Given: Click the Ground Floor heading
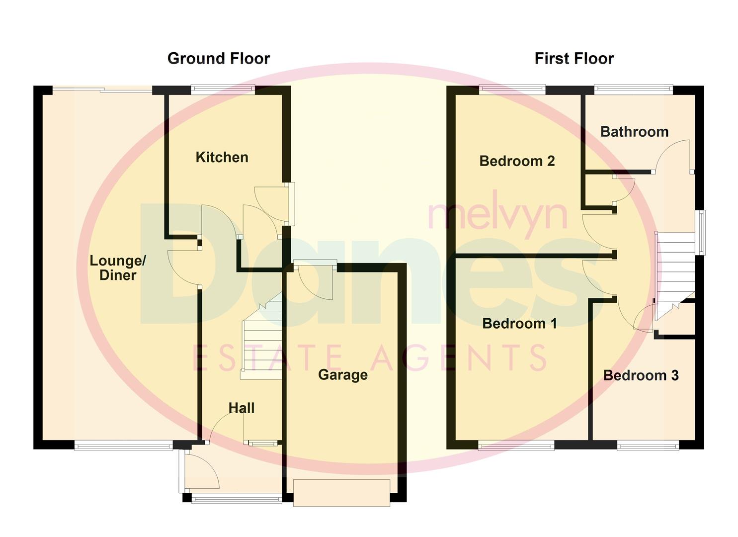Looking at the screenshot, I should (218, 59).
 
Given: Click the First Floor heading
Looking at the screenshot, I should (574, 59).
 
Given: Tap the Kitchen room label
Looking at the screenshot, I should (222, 157).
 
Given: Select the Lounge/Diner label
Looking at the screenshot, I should (118, 268).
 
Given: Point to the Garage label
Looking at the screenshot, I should (343, 374).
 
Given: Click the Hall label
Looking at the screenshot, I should (242, 408).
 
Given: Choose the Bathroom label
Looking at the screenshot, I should (634, 132).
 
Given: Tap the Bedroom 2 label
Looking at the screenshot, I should (517, 161).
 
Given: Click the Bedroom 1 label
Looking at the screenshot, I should (519, 323).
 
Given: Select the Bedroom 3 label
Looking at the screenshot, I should (641, 375).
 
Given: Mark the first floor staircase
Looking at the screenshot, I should (675, 273).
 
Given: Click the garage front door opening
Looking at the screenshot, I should (341, 492).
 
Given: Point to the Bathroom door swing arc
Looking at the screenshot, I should (672, 154).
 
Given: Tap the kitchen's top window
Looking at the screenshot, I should (223, 89).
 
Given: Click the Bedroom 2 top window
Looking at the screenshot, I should (512, 89).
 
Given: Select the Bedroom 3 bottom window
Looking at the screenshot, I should (648, 446).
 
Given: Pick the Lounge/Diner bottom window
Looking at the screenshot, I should (124, 446).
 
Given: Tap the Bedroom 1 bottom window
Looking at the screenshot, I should (516, 446).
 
